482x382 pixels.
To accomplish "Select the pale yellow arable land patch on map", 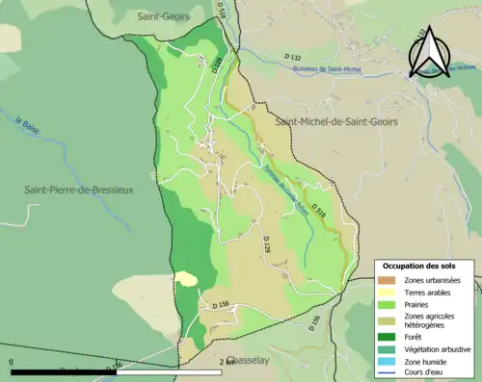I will coord(186,279).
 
